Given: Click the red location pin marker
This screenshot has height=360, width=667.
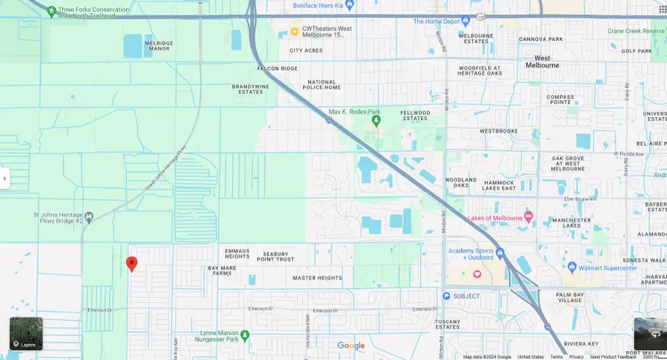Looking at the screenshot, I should pyautogui.click(x=132, y=264).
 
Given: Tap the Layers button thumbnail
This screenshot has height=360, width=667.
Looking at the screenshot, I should pyautogui.click(x=26, y=333).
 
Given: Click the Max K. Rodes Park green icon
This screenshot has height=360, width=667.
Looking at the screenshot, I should pyautogui.click(x=376, y=120).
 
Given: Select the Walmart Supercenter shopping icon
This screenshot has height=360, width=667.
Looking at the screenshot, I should pyautogui.click(x=571, y=267).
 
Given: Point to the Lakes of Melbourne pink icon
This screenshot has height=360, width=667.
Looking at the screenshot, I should pyautogui.click(x=528, y=217).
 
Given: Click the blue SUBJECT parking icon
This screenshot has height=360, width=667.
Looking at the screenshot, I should pyautogui.click(x=446, y=296).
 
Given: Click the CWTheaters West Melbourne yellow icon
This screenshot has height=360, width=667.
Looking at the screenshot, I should pyautogui.click(x=294, y=31).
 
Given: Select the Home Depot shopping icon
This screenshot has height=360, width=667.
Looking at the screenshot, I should pyautogui.click(x=466, y=21).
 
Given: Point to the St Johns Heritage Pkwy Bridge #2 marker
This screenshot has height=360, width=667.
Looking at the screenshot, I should pyautogui.click(x=89, y=217).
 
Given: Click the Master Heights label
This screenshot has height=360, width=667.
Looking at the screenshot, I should pyautogui.click(x=317, y=279).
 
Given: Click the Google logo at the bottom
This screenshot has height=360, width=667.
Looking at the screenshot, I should pyautogui.click(x=351, y=346).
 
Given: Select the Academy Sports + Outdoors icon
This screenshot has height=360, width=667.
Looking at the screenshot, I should pyautogui.click(x=500, y=253).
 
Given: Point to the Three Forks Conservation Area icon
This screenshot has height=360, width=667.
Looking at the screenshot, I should pyautogui.click(x=50, y=11).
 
